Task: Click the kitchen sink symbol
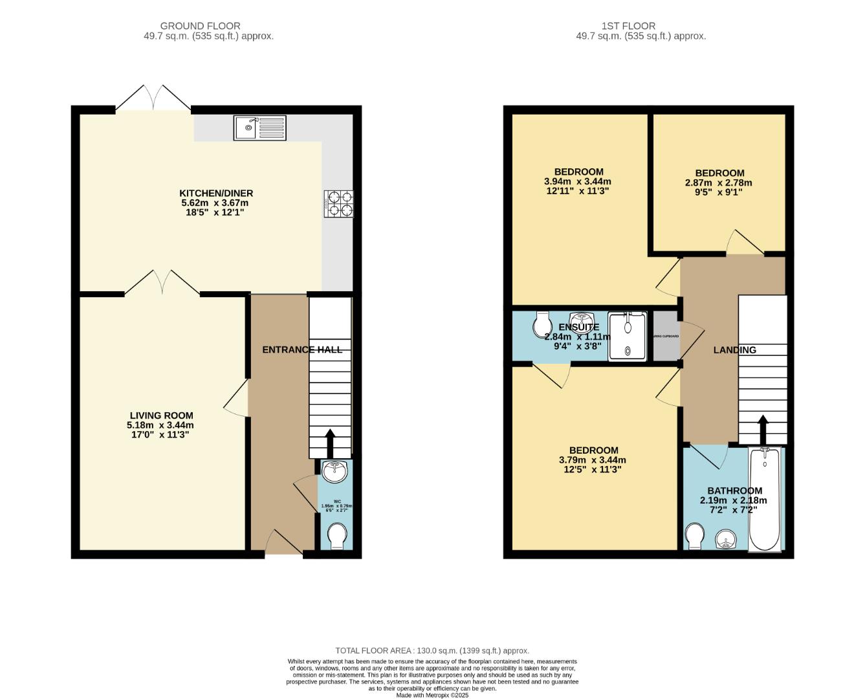pos(260,128)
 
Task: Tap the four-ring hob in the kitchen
pos(339,203)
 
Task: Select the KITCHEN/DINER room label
pos(216,194)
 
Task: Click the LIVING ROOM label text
pos(161,416)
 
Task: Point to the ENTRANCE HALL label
pos(302,349)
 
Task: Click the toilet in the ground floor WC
pos(337,536)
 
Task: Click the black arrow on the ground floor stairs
pos(330,443)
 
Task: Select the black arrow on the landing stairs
pos(763,429)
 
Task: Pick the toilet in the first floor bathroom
pos(695,536)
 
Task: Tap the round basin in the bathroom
pos(726,539)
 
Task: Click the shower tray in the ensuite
pos(627,336)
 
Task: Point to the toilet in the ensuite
pos(542,325)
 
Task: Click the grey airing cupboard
pos(666,336)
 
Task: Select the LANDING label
pos(734,350)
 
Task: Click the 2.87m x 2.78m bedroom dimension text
pos(718,183)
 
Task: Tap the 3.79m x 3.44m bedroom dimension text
pos(592,460)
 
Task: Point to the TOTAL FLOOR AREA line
pos(432,650)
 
